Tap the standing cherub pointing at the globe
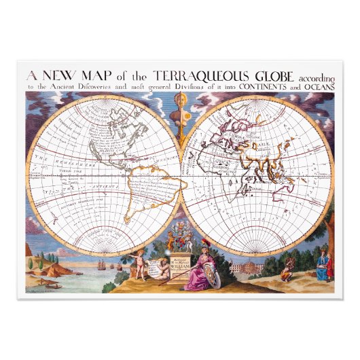point(140,265)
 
